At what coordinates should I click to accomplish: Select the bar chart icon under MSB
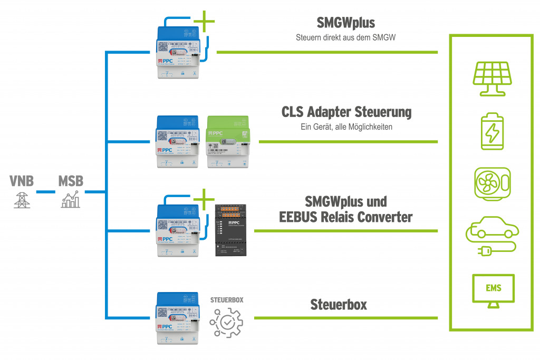click(x=71, y=200)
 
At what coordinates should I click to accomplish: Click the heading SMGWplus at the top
click(x=345, y=23)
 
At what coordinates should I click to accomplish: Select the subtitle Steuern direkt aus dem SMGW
click(x=345, y=37)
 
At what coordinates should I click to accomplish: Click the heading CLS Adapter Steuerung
click(x=346, y=112)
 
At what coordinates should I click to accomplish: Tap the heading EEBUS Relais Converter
click(x=345, y=217)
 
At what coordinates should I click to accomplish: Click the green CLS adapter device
click(x=231, y=142)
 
